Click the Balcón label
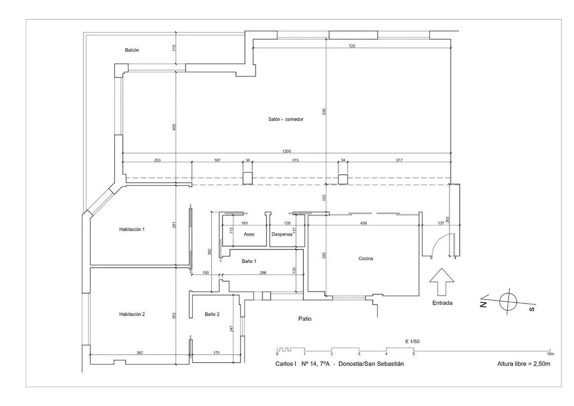132,50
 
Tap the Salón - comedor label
286,119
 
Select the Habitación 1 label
132,229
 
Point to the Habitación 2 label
132,314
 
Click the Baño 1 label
249,261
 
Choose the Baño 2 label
212,314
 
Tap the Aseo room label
249,234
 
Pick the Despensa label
282,234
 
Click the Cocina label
365,259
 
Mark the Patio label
304,319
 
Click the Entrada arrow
442,282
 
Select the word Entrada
442,303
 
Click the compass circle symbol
508,302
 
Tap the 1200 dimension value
286,151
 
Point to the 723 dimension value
352,46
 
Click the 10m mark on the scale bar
550,354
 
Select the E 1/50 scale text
412,342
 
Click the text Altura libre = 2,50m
524,364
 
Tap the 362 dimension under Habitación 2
140,353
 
